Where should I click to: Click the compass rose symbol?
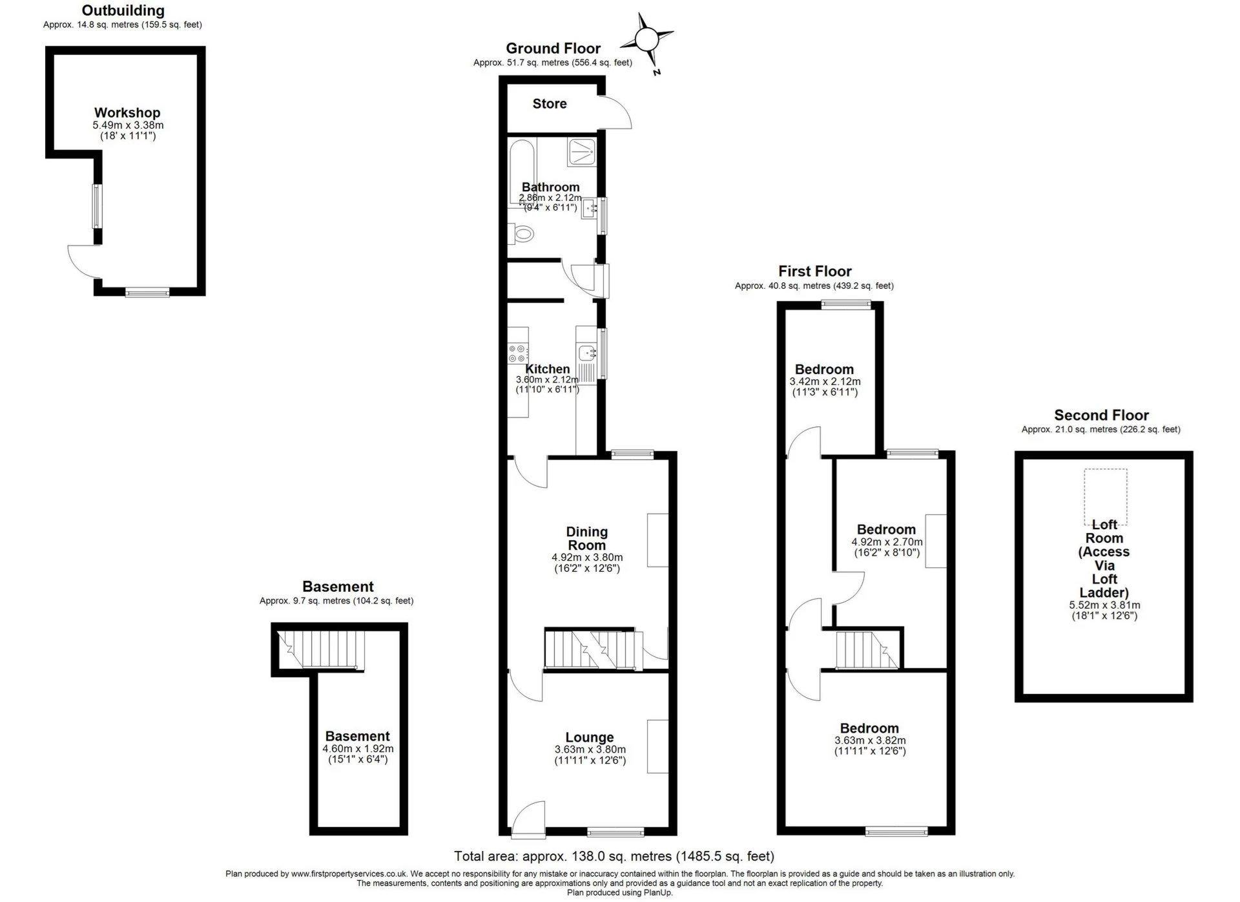click(646, 40)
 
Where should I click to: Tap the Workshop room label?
click(127, 113)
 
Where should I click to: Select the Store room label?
click(550, 104)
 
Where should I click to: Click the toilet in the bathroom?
click(522, 233)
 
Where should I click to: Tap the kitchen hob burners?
click(517, 353)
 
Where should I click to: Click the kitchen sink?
click(587, 353)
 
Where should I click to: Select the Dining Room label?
click(586, 538)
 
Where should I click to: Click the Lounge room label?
click(589, 737)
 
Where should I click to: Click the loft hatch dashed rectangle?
click(1105, 496)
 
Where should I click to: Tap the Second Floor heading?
click(1101, 415)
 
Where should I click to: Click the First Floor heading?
click(814, 271)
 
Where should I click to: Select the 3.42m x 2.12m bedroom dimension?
click(825, 381)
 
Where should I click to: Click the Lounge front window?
click(615, 831)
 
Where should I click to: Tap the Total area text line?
click(614, 856)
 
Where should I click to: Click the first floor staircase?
click(866, 649)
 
